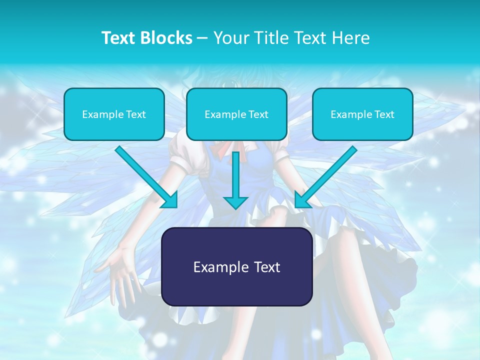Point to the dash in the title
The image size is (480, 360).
click(202, 38)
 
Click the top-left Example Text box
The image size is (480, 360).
click(114, 114)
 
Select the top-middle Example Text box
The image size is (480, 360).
click(236, 114)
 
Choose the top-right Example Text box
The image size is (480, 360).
click(362, 114)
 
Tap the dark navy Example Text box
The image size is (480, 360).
click(236, 266)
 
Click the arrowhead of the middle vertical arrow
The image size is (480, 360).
click(235, 202)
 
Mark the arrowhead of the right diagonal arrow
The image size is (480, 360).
click(301, 201)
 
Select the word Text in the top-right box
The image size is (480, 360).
click(384, 114)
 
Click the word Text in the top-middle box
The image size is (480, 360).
click(258, 114)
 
